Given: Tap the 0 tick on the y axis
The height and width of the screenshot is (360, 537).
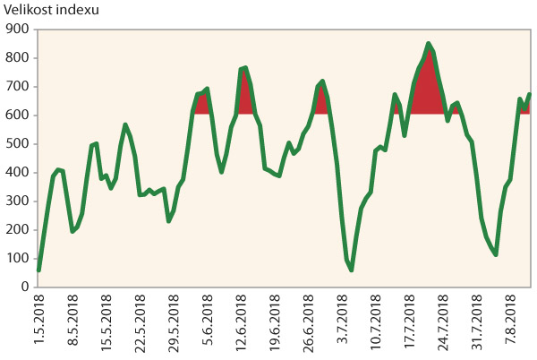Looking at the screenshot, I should pos(24,287).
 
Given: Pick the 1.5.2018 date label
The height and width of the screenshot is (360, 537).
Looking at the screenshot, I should pos(39,321).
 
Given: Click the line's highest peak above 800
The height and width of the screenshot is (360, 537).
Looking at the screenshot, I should pos(429,43).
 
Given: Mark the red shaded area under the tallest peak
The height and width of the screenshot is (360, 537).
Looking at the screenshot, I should pos(429,90).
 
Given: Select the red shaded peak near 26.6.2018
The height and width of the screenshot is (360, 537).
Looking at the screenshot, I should pos(322,100).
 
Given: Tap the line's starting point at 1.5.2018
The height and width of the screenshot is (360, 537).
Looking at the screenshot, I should pos(38,270).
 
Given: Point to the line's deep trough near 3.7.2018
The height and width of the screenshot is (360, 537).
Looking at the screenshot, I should pos(351,270).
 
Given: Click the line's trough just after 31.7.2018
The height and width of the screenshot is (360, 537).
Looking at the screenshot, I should pos(495,255).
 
